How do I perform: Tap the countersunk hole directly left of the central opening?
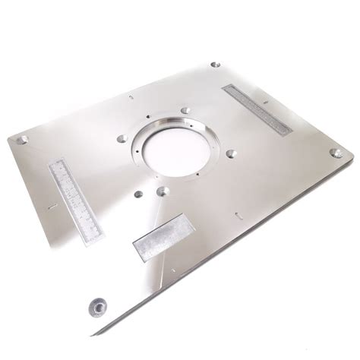121,138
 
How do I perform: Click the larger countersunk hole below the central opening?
162,191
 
